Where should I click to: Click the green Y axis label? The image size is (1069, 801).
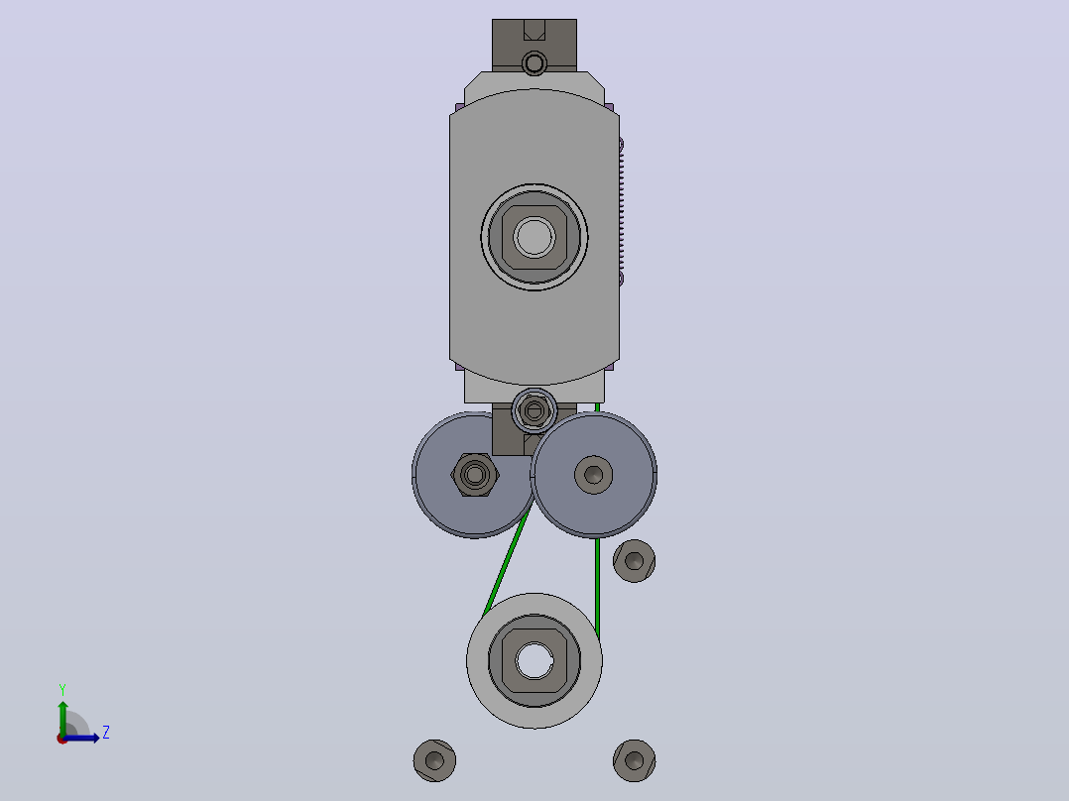[62, 689]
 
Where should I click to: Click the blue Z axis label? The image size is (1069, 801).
[106, 733]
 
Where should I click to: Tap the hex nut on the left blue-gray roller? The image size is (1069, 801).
[475, 475]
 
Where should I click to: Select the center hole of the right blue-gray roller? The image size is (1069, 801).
[594, 475]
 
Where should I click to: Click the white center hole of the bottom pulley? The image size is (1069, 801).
[534, 661]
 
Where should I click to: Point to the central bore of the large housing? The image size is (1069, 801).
[534, 237]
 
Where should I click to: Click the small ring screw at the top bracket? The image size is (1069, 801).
[534, 64]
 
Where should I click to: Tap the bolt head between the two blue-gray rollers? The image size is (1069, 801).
[534, 410]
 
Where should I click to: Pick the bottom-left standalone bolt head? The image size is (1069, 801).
[435, 760]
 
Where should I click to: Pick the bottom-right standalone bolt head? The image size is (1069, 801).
[634, 760]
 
